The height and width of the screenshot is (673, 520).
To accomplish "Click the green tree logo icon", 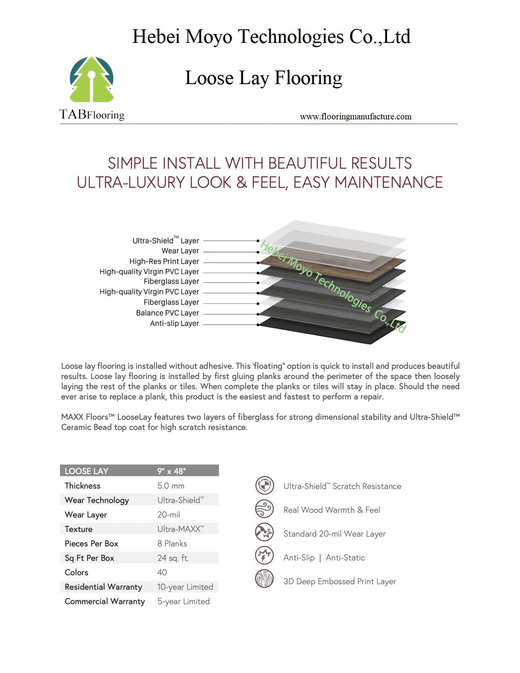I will point(92,79).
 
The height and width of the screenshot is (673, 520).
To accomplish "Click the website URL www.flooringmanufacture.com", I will point(356,116).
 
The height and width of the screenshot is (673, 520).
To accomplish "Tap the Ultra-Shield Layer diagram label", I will point(166,240).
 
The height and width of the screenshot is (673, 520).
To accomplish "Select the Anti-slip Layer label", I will point(174,323).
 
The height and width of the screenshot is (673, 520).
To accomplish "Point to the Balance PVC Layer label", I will point(167,313).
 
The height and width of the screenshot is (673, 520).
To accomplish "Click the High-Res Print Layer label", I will point(164,261).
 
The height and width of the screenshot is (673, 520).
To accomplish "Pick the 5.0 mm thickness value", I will point(171,486).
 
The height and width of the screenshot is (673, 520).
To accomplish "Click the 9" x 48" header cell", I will point(172,471).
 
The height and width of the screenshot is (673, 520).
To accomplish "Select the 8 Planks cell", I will point(172,543).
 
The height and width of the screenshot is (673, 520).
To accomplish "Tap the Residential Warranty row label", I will point(103,587).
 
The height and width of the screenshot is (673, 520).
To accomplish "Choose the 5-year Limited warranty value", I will point(184,601).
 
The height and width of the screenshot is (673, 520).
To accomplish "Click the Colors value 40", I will point(162,572).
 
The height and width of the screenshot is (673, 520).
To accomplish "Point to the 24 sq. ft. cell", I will point(173,558).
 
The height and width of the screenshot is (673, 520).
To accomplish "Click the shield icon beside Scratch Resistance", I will point(265,486).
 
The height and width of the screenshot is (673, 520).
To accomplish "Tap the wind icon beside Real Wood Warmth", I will point(265,509).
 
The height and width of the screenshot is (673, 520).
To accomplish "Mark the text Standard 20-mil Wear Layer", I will point(334,534).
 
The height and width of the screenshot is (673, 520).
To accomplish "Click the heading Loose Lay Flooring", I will point(263,78).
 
